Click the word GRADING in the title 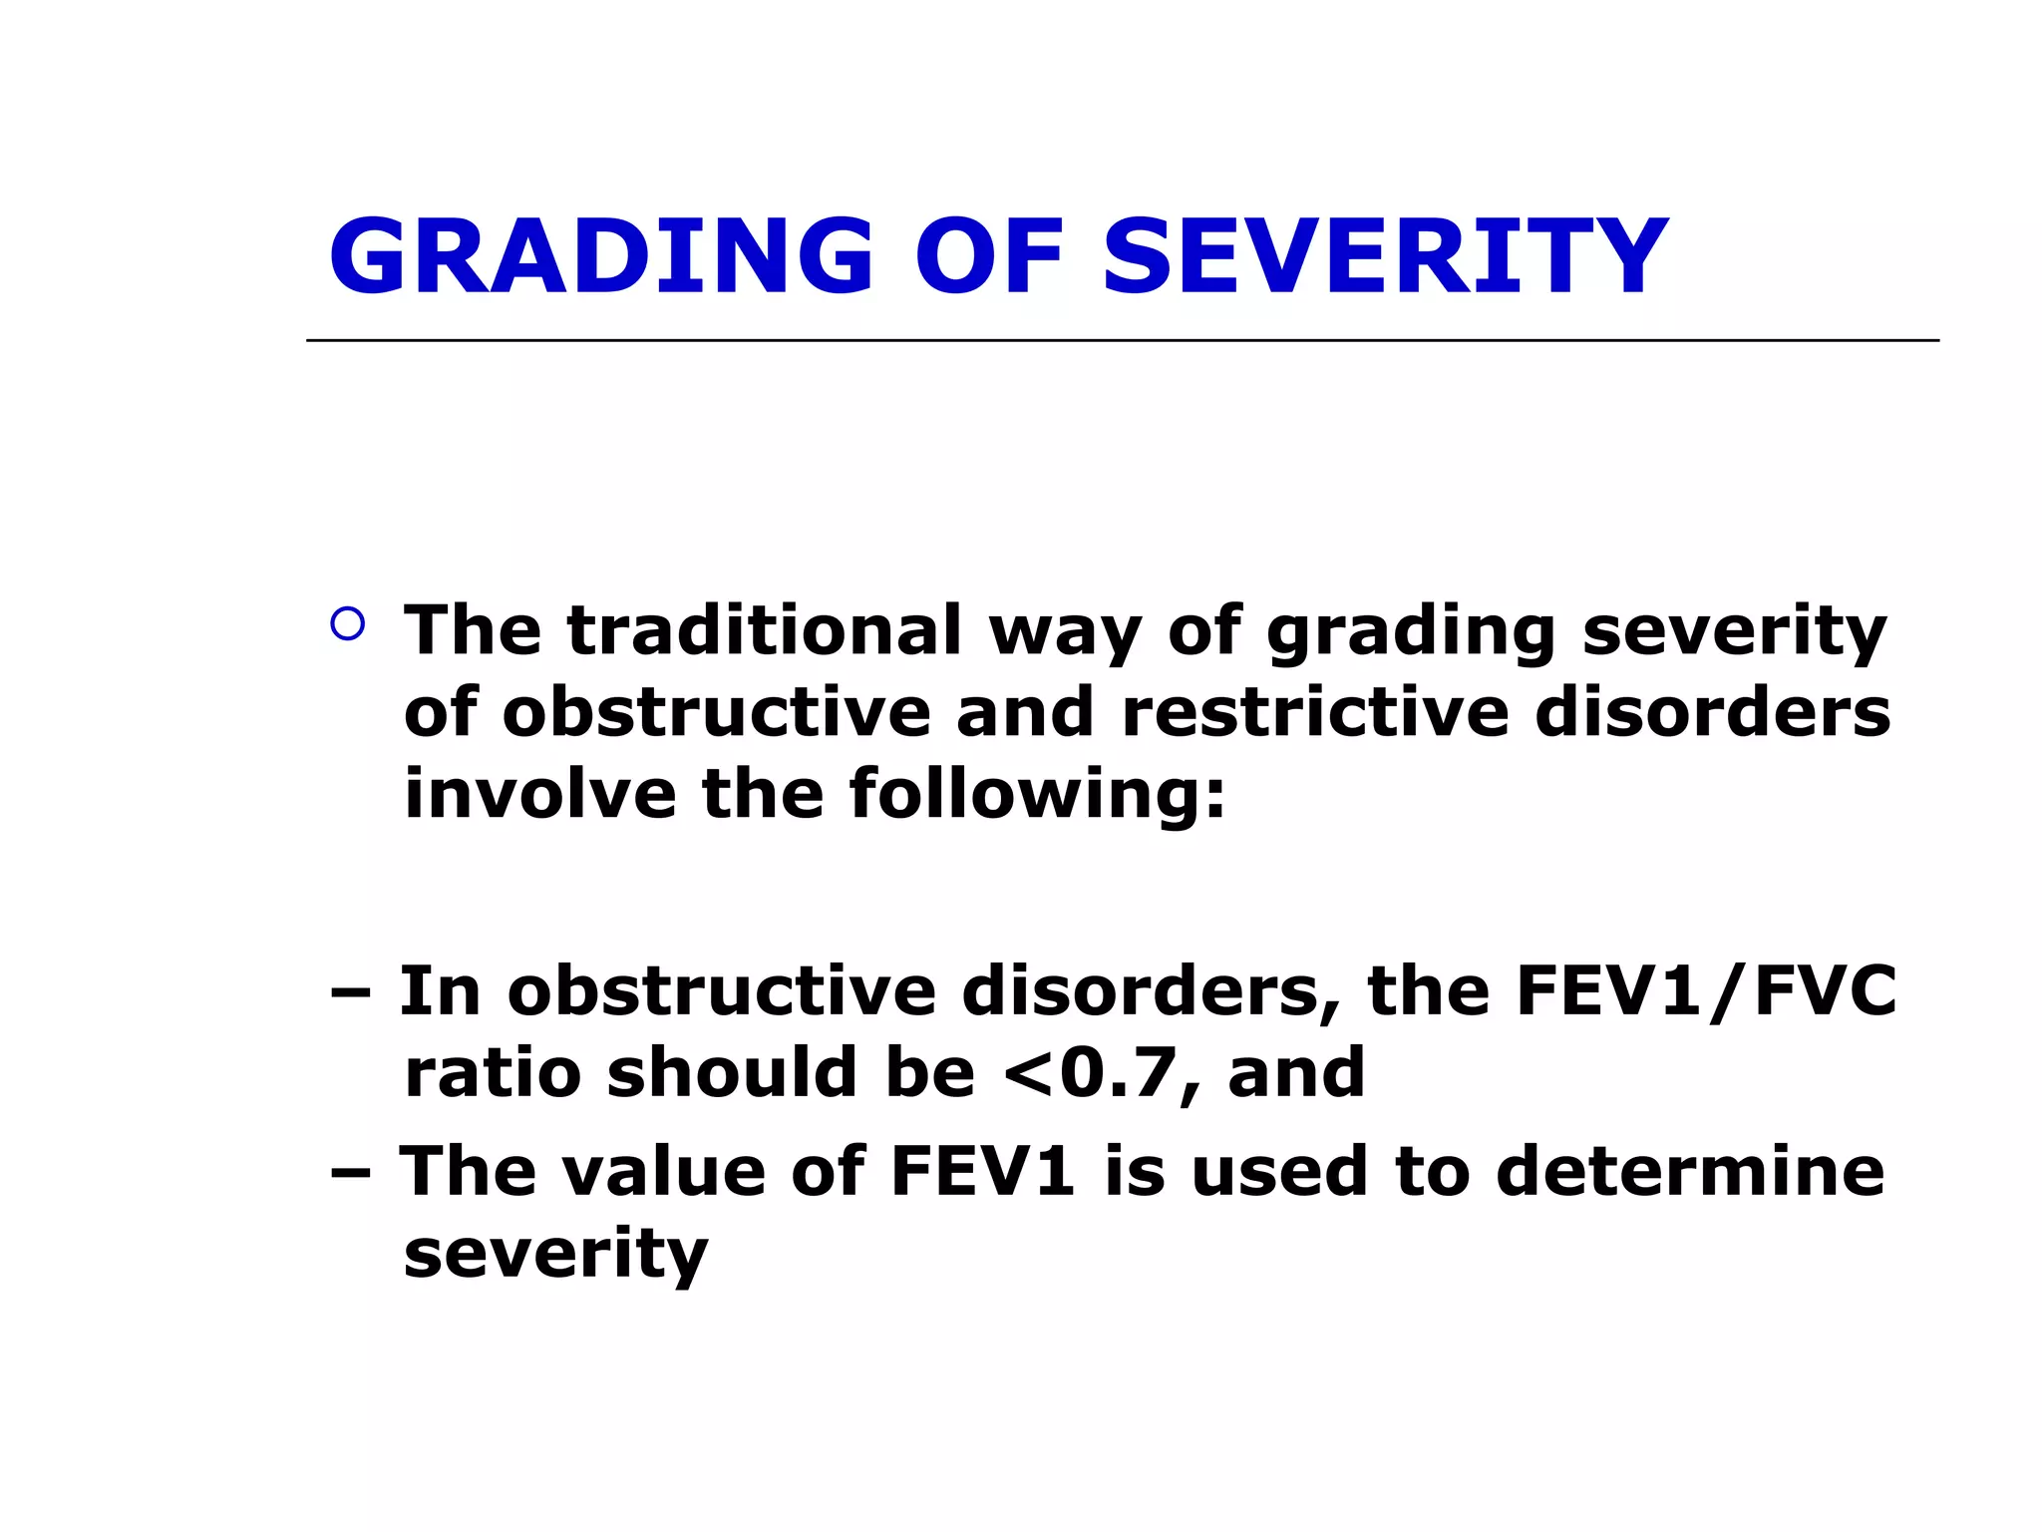601,257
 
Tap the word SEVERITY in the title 1384,257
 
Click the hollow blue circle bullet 347,624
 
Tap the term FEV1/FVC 1705,991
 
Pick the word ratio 493,1073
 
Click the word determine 1690,1171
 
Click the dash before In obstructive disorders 350,993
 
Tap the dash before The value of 350,1173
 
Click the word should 731,1073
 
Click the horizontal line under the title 1122,340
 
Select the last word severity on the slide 555,1255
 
